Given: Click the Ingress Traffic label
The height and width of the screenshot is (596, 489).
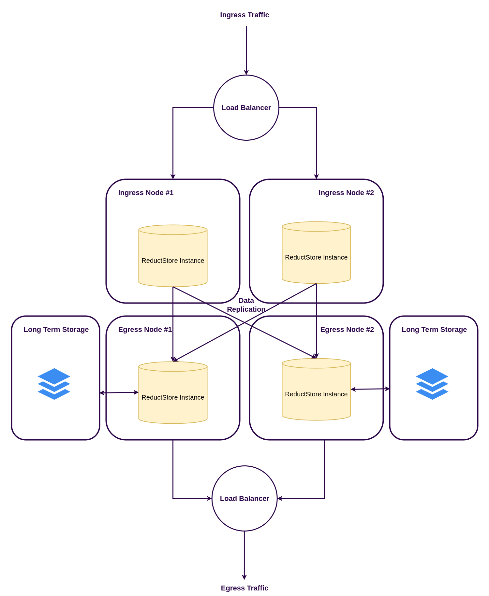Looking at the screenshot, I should pos(244,15).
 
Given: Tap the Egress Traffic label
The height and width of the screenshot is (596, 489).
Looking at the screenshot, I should pos(244,588).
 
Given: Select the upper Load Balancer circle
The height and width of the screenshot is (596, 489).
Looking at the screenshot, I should pos(246,107).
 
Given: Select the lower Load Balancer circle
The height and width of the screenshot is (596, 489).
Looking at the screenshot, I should pos(244,498).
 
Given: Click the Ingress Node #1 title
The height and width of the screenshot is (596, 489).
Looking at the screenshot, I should pos(146,193).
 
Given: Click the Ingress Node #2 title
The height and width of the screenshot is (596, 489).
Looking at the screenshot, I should pos(346,193).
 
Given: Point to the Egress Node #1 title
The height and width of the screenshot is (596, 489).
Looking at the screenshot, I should pos(145,330).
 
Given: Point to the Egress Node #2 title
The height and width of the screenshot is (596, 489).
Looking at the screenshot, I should pos(347,330).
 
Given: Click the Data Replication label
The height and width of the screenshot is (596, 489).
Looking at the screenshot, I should pos(246,305).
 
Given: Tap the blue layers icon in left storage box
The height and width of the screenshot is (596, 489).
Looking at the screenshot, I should pos(54,384).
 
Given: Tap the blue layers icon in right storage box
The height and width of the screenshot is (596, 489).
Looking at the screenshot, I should pos(432,384).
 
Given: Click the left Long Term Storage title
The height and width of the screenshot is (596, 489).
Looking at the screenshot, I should pos(56,330).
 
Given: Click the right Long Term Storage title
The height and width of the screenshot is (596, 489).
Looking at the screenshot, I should pos(434,330).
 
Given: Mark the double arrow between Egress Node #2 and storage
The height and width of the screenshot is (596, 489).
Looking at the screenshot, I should pos(370,389).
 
